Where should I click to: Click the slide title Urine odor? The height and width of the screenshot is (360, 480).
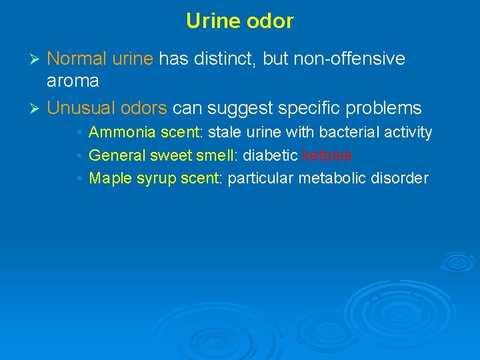pyautogui.click(x=239, y=21)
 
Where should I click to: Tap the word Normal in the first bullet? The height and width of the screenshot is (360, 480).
pyautogui.click(x=76, y=59)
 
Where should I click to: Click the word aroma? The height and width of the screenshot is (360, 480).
pyautogui.click(x=73, y=81)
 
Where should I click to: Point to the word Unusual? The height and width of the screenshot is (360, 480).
pyautogui.click(x=79, y=107)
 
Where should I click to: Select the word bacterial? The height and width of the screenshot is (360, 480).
pyautogui.click(x=352, y=133)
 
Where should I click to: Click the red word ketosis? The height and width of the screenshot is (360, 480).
pyautogui.click(x=327, y=155)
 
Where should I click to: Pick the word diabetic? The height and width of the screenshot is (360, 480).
pyautogui.click(x=270, y=155)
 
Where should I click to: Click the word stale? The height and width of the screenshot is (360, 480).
pyautogui.click(x=223, y=133)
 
